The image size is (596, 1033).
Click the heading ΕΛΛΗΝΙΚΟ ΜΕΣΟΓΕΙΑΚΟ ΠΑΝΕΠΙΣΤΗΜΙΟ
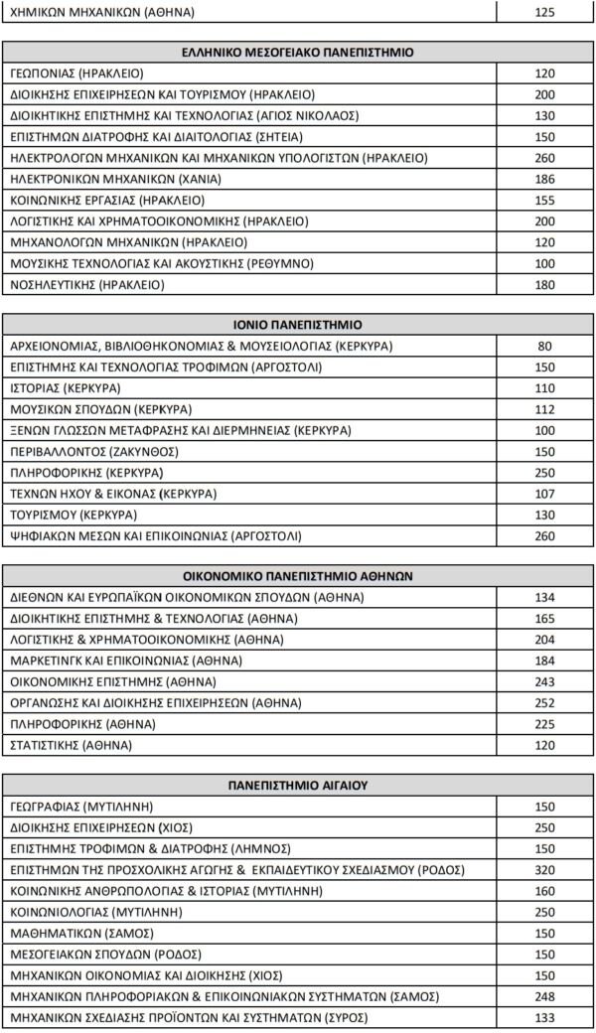pyautogui.click(x=298, y=52)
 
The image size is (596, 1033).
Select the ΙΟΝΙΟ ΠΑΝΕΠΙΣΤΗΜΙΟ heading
pyautogui.click(x=298, y=325)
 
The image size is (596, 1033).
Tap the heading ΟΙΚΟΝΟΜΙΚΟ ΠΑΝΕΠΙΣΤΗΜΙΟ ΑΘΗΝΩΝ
pyautogui.click(x=298, y=575)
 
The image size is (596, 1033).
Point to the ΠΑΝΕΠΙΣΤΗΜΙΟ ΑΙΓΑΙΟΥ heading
pyautogui.click(x=298, y=785)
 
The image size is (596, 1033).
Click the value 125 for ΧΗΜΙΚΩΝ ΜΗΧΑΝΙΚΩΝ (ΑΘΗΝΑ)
pyautogui.click(x=545, y=13)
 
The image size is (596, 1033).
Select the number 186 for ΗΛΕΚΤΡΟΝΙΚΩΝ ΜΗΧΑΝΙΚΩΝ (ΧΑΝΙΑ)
pyautogui.click(x=545, y=179)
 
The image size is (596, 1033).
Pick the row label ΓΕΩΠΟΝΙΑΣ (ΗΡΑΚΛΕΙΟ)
pyautogui.click(x=76, y=74)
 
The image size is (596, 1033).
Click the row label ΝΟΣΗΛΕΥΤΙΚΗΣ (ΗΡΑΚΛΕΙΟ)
pyautogui.click(x=87, y=285)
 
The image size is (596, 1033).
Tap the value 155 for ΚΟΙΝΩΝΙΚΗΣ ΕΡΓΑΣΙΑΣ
pyautogui.click(x=545, y=201)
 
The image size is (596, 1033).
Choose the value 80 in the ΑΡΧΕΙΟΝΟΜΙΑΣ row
pyautogui.click(x=545, y=347)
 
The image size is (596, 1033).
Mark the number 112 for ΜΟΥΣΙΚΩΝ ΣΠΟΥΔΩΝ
pyautogui.click(x=545, y=409)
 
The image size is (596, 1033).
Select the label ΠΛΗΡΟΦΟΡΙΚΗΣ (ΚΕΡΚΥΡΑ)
pyautogui.click(x=87, y=473)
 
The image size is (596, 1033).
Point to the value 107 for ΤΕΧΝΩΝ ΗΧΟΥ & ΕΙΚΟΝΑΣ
pyautogui.click(x=545, y=494)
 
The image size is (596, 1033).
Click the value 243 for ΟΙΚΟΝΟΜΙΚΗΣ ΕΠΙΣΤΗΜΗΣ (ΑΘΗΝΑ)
pyautogui.click(x=545, y=681)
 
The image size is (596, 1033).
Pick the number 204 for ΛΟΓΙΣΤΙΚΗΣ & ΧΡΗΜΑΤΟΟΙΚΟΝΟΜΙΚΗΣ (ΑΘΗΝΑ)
pyautogui.click(x=545, y=639)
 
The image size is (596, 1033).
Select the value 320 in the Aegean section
pyautogui.click(x=545, y=869)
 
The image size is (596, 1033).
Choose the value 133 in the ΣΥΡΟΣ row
pyautogui.click(x=545, y=1017)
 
